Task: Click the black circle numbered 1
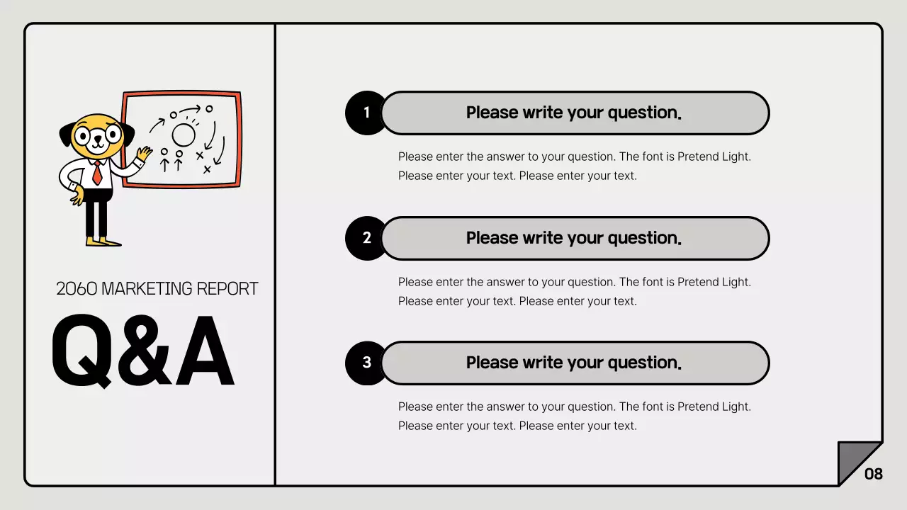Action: point(366,113)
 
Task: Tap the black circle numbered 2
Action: point(366,238)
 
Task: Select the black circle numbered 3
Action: point(366,363)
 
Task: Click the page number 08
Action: point(874,474)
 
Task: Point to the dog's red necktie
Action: point(97,173)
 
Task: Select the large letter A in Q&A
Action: point(204,352)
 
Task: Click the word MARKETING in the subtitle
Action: point(147,289)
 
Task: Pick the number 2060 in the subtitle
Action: point(77,289)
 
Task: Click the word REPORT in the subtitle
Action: point(227,289)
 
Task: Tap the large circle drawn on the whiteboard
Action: point(184,134)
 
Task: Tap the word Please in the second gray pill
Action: point(492,238)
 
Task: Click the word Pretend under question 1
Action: point(697,157)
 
